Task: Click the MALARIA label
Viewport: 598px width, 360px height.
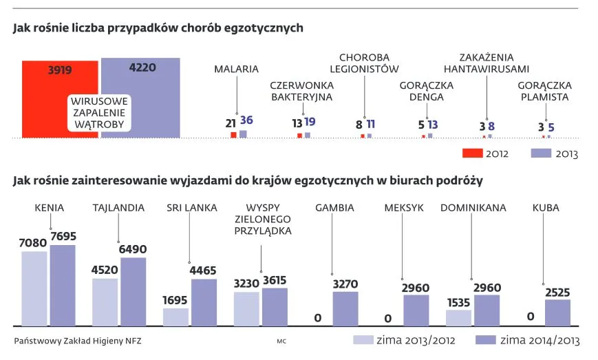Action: (236, 69)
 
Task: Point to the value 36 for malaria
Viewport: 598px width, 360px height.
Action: (246, 120)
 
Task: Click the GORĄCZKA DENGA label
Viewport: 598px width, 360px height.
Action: (426, 91)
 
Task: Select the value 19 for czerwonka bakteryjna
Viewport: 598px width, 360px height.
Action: (310, 122)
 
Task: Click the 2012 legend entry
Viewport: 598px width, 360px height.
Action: (485, 153)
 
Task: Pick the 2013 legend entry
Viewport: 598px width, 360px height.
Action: (555, 153)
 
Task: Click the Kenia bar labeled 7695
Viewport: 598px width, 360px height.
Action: (62, 284)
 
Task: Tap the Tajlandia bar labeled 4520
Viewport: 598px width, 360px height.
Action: (105, 301)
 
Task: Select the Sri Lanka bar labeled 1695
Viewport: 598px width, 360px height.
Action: (175, 316)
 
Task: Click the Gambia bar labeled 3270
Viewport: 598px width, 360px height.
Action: (345, 308)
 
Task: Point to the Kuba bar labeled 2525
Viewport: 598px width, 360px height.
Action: (557, 312)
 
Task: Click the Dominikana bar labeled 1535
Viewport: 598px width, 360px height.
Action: (458, 317)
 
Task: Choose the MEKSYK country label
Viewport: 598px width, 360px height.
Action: (404, 207)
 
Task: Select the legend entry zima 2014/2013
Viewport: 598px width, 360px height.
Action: (528, 340)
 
